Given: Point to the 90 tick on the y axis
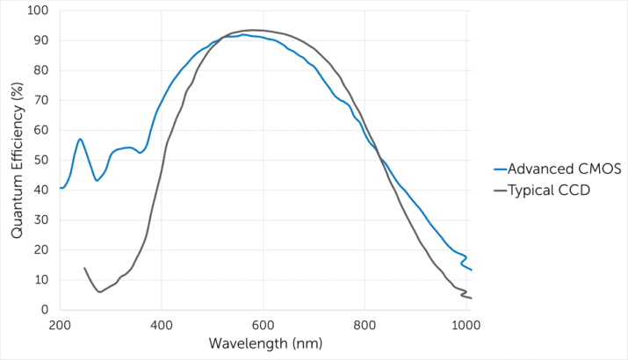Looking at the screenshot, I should tap(40, 40).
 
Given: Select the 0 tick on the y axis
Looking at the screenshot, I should tap(43, 310).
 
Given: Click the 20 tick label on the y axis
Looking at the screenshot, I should tap(40, 250).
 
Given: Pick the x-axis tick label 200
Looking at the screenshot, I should tap(60, 326).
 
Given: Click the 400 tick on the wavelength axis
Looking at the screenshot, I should tap(162, 326).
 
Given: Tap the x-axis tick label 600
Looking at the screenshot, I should tap(263, 326).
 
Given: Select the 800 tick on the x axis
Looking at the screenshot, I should tap(365, 326).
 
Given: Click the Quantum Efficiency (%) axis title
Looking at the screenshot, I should tap(17, 160).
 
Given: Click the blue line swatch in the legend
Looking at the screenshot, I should tap(502, 169).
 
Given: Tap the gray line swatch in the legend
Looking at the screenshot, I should tap(502, 189).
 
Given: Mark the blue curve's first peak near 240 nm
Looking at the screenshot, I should tap(80, 139).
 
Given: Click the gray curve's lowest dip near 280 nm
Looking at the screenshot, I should tap(100, 292).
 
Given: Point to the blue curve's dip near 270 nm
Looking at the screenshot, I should tap(97, 181).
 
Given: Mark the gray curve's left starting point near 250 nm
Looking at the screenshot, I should tap(84, 268).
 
